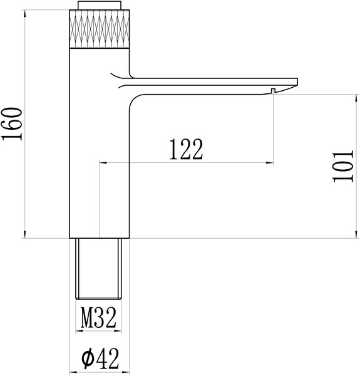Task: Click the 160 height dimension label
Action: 12,123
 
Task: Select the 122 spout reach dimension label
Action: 186,149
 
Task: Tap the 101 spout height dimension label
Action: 343,166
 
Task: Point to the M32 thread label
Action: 98,318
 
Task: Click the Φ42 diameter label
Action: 100,359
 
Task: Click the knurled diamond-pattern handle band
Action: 100,29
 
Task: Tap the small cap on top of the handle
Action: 99,6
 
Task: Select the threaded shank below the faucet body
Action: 98,269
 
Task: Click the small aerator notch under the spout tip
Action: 273,91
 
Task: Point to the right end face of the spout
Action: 297,81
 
